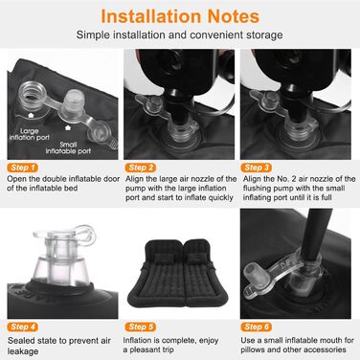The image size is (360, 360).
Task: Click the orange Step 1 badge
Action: click(x=22, y=168)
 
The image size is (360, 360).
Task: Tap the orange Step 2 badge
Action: click(x=141, y=168)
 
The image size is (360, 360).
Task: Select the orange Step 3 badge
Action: click(x=257, y=168)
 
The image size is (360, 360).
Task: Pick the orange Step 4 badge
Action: click(x=22, y=326)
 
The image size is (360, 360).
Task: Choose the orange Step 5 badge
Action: click(x=141, y=326)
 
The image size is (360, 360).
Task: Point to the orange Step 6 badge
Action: click(x=257, y=326)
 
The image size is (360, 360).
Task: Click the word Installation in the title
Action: click(x=150, y=16)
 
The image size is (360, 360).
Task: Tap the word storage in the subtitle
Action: click(x=264, y=34)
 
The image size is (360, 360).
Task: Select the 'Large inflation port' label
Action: click(x=30, y=134)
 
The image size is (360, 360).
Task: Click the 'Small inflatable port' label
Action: click(x=68, y=147)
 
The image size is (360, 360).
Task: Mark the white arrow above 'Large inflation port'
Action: click(x=31, y=115)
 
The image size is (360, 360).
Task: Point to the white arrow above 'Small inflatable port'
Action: click(x=68, y=128)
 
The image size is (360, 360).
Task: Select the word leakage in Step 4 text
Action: click(x=23, y=351)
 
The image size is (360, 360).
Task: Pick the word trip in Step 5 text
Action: click(x=167, y=349)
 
